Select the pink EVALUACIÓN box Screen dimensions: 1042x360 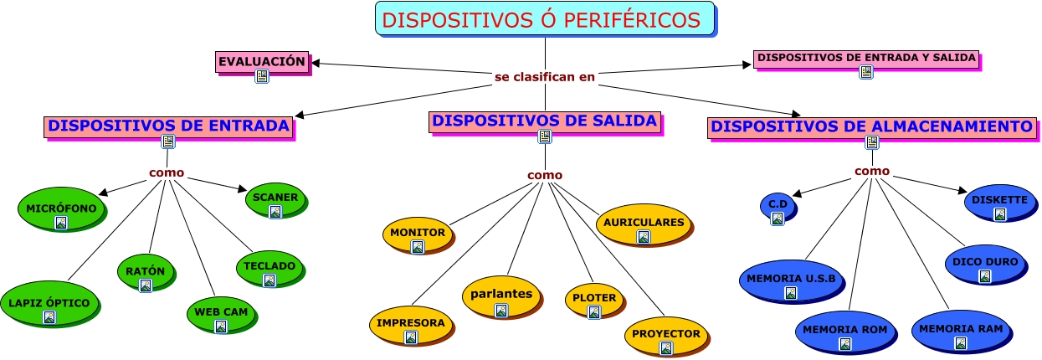[261, 61]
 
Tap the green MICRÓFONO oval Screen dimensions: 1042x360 [61, 208]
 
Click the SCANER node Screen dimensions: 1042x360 [275, 198]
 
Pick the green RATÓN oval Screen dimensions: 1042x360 [146, 272]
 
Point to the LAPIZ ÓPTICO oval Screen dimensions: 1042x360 [49, 304]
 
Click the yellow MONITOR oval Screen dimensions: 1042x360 [418, 233]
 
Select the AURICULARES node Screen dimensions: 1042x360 [644, 223]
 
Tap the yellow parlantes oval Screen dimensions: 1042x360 [501, 295]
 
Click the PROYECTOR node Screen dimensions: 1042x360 [665, 334]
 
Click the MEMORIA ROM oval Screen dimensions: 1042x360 [844, 330]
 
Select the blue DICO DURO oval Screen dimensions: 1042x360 [985, 262]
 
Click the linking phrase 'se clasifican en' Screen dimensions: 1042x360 [545, 77]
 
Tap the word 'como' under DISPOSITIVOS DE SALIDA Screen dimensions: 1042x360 [545, 175]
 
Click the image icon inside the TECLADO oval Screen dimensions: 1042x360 [269, 280]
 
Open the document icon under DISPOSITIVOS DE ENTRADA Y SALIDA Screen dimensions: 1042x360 [866, 72]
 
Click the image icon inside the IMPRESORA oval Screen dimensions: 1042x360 [411, 337]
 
